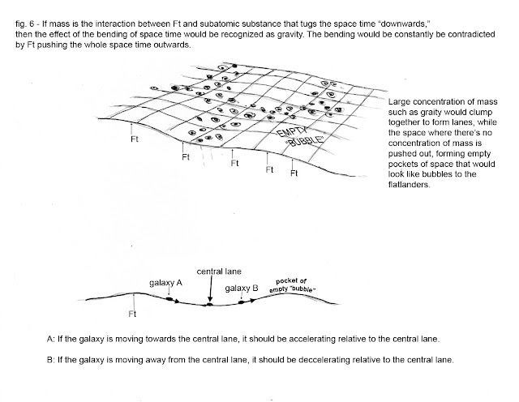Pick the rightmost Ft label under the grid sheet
tap(295, 173)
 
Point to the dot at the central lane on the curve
tap(210, 306)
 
